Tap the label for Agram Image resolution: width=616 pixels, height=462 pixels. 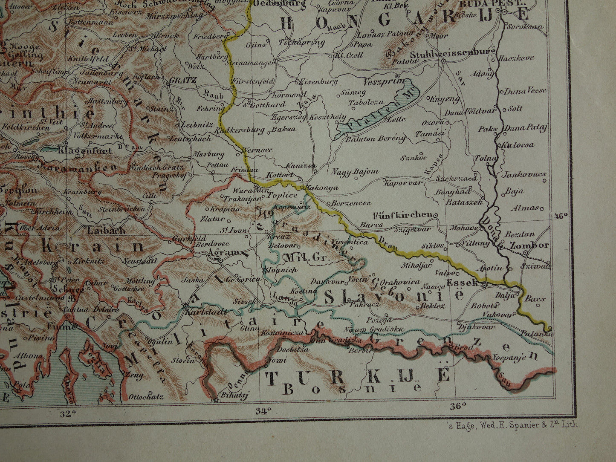tap(220, 252)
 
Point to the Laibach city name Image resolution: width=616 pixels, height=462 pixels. tap(106, 231)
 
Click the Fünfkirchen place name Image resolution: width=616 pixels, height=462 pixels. tap(402, 215)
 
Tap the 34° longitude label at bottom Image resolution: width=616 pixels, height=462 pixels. tap(263, 411)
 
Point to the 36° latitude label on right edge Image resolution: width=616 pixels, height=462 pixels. tap(561, 216)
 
